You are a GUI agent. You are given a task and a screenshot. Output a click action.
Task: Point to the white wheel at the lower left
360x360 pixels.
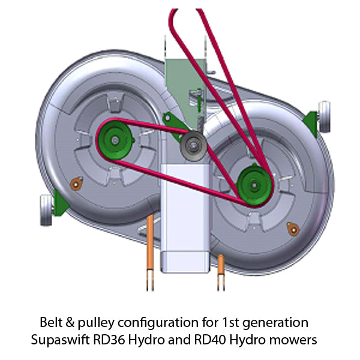pyautogui.click(x=46, y=209)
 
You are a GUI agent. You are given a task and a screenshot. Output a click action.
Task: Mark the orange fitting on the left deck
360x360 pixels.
pyautogui.click(x=76, y=184)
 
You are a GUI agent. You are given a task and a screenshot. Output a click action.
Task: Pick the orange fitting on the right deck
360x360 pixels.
pyautogui.click(x=293, y=227)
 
